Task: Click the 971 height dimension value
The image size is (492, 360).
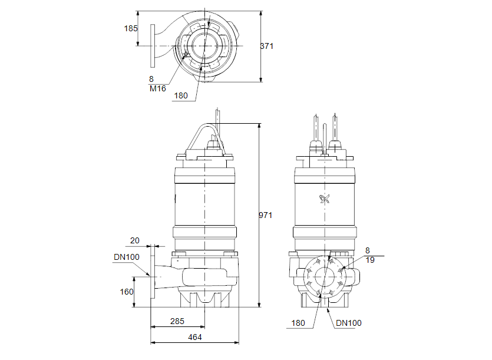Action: click(x=266, y=216)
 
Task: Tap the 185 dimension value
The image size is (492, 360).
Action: click(x=130, y=28)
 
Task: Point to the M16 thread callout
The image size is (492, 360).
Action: click(x=157, y=88)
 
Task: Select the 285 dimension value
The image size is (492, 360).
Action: click(x=177, y=321)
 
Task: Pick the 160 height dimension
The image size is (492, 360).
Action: click(x=127, y=291)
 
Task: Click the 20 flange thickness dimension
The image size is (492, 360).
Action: click(x=135, y=240)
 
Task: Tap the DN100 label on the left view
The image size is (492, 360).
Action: click(x=126, y=257)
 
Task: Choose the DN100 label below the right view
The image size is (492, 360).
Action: click(x=349, y=323)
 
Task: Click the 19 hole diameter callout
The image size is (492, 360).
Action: click(x=370, y=260)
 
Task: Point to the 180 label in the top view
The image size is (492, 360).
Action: click(x=180, y=95)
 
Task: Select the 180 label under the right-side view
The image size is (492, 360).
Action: click(x=299, y=323)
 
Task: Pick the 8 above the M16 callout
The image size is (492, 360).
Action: click(x=151, y=78)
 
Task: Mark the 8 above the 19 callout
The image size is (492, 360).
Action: click(x=368, y=250)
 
